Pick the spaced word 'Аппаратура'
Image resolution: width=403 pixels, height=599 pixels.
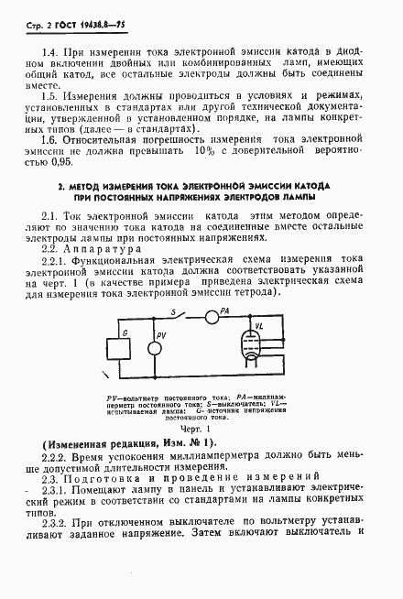click(108, 249)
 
